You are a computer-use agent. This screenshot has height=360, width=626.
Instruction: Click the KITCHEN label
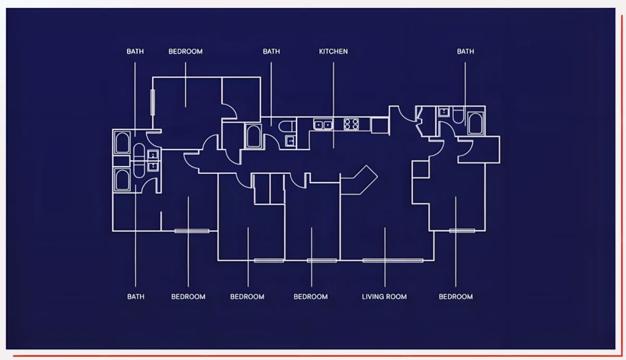tap(333, 52)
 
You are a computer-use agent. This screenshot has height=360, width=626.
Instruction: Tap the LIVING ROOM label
tap(384, 296)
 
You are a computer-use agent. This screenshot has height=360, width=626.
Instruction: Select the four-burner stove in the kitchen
tap(351, 124)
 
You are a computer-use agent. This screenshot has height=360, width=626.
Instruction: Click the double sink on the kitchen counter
tap(323, 124)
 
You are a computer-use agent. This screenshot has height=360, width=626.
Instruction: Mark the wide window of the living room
tap(393, 260)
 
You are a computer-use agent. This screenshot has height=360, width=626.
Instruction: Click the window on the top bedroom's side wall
tap(152, 102)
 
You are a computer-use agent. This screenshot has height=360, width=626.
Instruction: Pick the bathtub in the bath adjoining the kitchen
tap(254, 136)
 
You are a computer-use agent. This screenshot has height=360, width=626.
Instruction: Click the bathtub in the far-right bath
tap(476, 123)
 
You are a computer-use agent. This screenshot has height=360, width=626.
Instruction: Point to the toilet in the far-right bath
tap(459, 115)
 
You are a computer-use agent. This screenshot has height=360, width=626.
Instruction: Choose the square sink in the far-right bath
tap(444, 112)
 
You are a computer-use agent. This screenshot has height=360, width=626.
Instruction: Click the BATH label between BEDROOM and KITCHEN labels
tap(271, 52)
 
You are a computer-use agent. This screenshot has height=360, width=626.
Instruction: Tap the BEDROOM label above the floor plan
tap(185, 52)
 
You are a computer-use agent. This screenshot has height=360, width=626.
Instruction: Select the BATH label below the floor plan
tap(136, 296)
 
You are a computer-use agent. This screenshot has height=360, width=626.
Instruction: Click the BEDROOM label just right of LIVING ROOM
tap(456, 296)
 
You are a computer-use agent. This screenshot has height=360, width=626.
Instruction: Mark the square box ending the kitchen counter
tap(380, 126)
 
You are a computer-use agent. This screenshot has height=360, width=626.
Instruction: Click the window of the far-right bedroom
tap(462, 231)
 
